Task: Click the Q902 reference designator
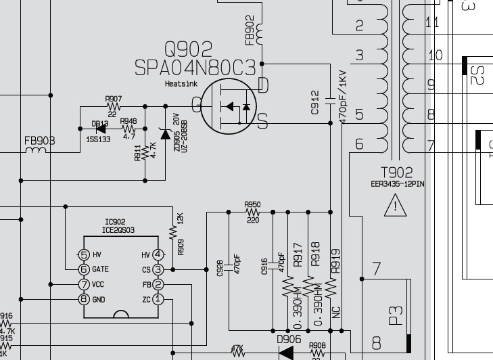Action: coord(188,49)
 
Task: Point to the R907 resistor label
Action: coord(114,99)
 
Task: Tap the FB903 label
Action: coord(40,141)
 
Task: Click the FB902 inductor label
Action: coord(250,30)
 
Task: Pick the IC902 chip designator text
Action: coord(115,222)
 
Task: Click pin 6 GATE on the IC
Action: coord(84,269)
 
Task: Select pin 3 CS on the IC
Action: coord(158,269)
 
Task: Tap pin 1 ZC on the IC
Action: coord(158,298)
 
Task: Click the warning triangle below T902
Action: coord(396,205)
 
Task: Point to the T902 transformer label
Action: coord(396,173)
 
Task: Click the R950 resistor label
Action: coord(252,204)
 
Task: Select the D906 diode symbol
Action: coord(287,353)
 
